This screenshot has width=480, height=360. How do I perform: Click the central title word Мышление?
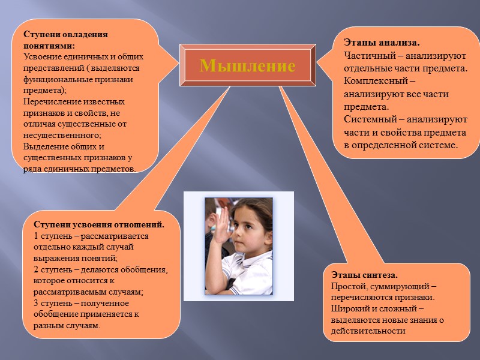click(x=247, y=66)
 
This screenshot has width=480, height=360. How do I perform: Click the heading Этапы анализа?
click(x=381, y=43)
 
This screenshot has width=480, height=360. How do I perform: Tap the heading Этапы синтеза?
click(x=364, y=275)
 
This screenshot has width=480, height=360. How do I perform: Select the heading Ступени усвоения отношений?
click(x=99, y=225)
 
